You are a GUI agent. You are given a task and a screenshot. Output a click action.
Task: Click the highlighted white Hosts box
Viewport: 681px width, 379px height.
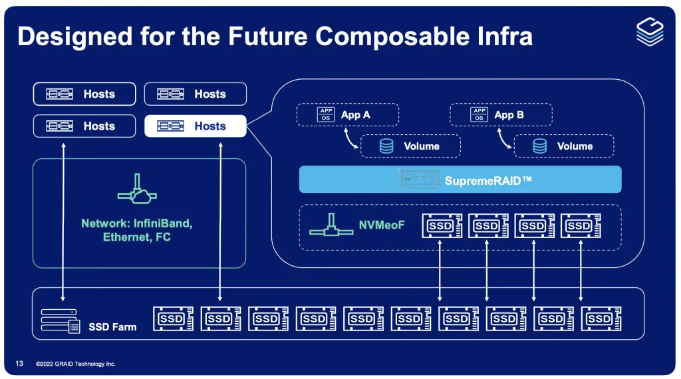[195, 126]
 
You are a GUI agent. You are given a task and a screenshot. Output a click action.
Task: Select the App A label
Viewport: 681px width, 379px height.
[355, 114]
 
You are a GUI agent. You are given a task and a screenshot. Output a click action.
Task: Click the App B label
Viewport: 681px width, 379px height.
[509, 114]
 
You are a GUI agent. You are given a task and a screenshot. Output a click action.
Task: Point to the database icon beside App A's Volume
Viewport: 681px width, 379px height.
[386, 146]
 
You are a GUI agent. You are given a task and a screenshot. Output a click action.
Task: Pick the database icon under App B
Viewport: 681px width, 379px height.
[539, 146]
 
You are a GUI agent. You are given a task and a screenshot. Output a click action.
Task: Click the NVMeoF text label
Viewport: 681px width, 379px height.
[382, 225]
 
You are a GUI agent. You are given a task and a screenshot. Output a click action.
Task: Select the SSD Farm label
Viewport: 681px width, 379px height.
[112, 327]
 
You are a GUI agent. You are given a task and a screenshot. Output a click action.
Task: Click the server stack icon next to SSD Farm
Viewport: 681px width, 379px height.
[59, 320]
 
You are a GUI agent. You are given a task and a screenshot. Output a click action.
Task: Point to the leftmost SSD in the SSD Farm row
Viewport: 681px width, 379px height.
[172, 318]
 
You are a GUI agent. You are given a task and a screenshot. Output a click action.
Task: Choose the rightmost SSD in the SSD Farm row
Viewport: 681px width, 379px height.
[601, 318]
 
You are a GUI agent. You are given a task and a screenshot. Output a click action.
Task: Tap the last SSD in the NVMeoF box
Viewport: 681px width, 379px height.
[581, 226]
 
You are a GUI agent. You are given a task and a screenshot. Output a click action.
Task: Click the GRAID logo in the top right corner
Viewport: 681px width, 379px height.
[650, 31]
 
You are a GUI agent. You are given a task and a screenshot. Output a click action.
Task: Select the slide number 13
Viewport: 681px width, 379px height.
[19, 364]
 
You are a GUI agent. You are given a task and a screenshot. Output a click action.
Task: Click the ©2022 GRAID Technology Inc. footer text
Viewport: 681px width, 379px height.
[75, 364]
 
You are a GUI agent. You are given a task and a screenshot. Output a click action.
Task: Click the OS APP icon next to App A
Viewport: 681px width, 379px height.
[326, 114]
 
